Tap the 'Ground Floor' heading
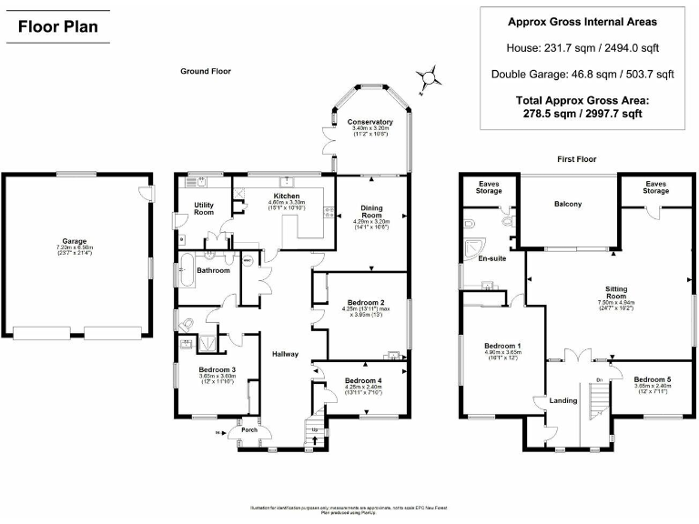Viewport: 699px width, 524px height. tap(205, 71)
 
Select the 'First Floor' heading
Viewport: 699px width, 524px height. tap(576, 159)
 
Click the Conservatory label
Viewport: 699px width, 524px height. tap(370, 122)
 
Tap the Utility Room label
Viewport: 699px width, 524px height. tap(204, 208)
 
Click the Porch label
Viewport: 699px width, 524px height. tap(248, 430)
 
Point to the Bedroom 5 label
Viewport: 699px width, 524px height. tap(653, 378)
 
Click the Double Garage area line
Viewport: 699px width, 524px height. tap(582, 75)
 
